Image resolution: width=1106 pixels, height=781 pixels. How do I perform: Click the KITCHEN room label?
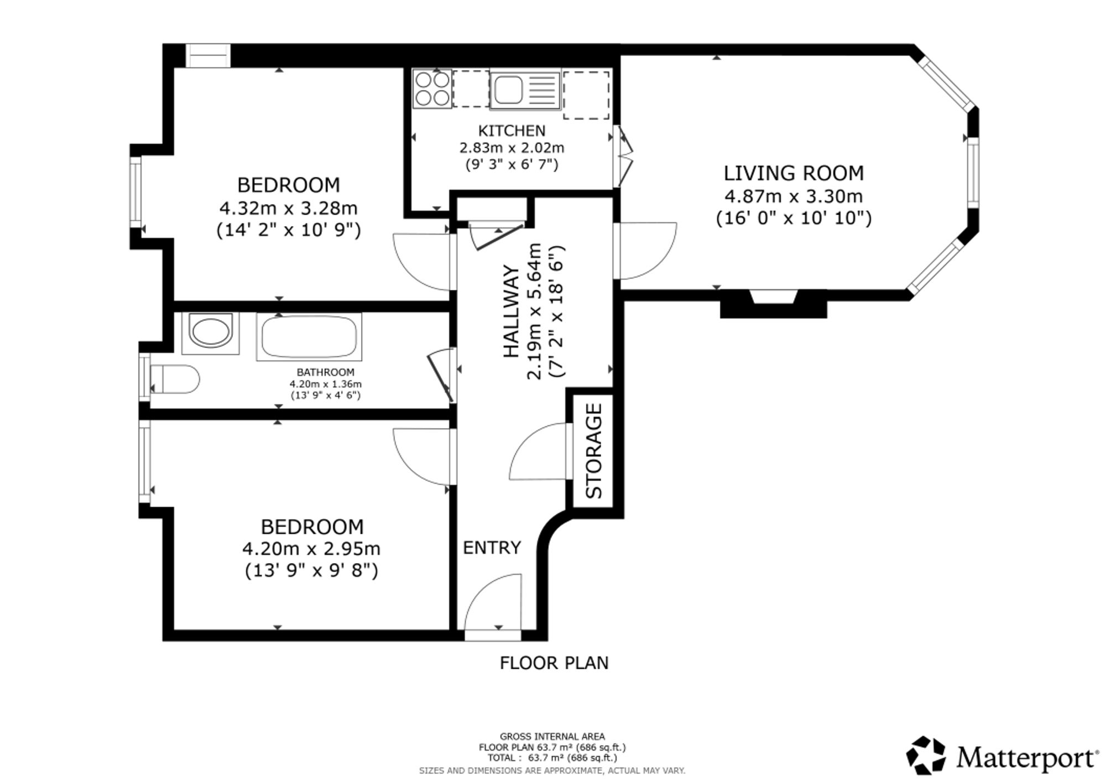click(x=512, y=131)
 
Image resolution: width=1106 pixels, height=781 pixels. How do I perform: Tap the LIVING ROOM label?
click(x=794, y=173)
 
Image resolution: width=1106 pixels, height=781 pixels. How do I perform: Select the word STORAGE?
click(x=593, y=451)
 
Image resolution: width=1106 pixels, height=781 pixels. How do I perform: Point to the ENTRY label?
click(x=492, y=548)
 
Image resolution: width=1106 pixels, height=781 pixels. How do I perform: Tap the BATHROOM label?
click(x=325, y=372)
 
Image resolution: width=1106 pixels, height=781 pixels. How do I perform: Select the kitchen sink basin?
click(x=508, y=90)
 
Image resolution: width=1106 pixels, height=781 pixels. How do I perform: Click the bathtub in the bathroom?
click(x=309, y=337)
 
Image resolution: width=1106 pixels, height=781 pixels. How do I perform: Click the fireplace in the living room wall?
click(x=773, y=303)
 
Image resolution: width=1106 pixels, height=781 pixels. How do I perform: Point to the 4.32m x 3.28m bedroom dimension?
click(x=288, y=209)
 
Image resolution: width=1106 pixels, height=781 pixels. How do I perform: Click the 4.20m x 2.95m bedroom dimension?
click(x=311, y=549)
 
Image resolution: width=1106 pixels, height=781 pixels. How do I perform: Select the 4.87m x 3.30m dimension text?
click(x=794, y=196)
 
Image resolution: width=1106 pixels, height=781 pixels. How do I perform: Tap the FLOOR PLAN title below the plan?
click(x=554, y=663)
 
